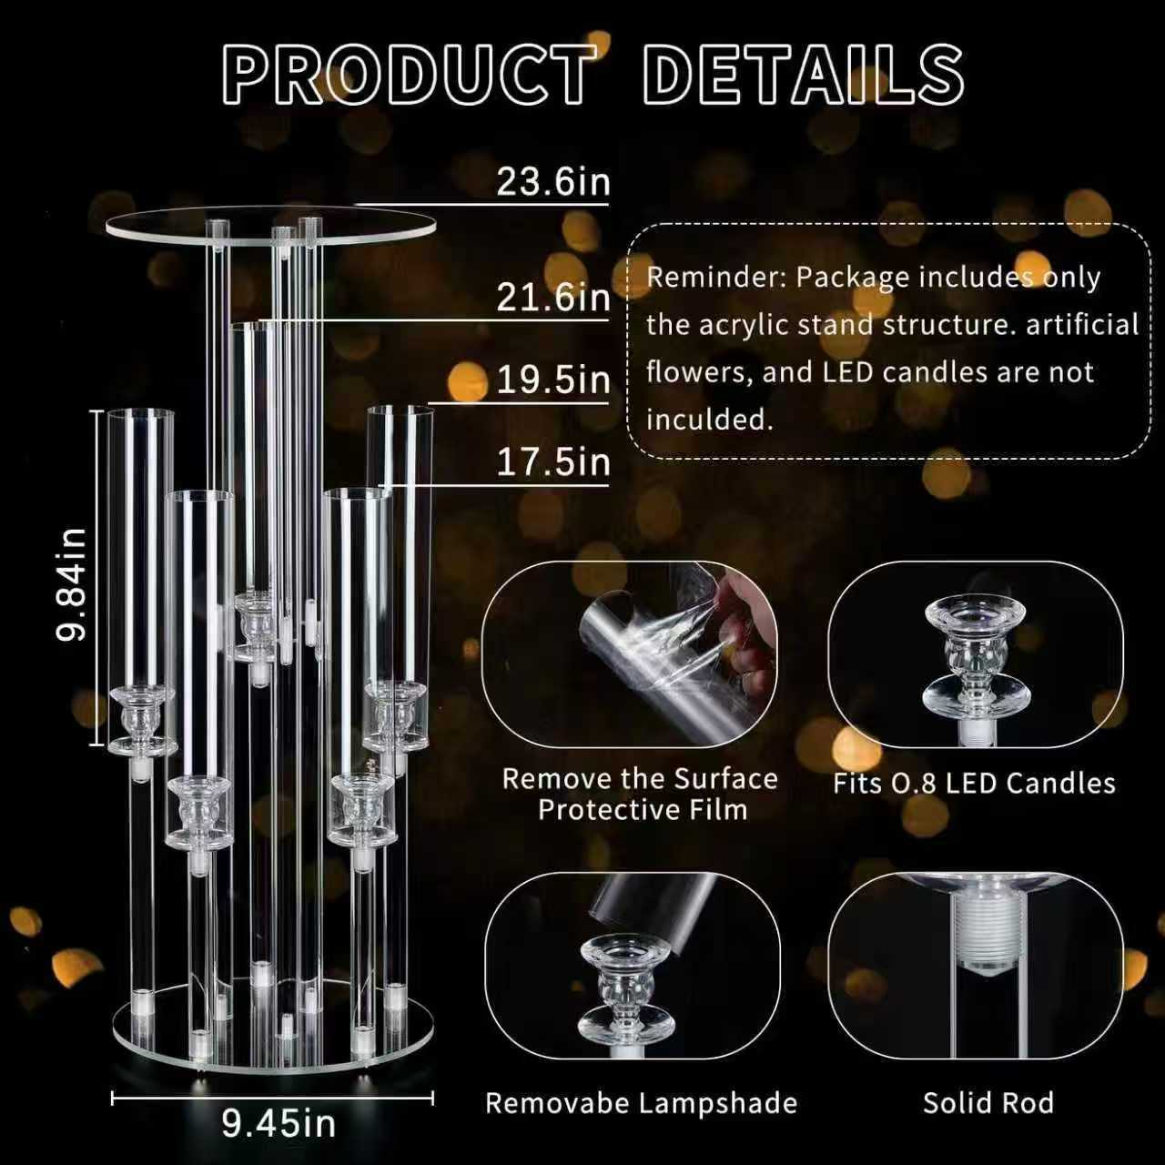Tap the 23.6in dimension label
(x=552, y=181)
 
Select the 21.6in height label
(x=552, y=297)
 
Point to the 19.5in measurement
(x=552, y=380)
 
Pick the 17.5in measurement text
(x=552, y=462)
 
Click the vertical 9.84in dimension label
(x=70, y=584)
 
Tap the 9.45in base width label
(x=279, y=1123)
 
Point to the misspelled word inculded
(x=709, y=420)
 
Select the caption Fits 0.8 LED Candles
(x=974, y=784)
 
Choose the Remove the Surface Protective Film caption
(x=640, y=795)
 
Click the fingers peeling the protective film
(x=744, y=629)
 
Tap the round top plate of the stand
(x=270, y=228)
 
